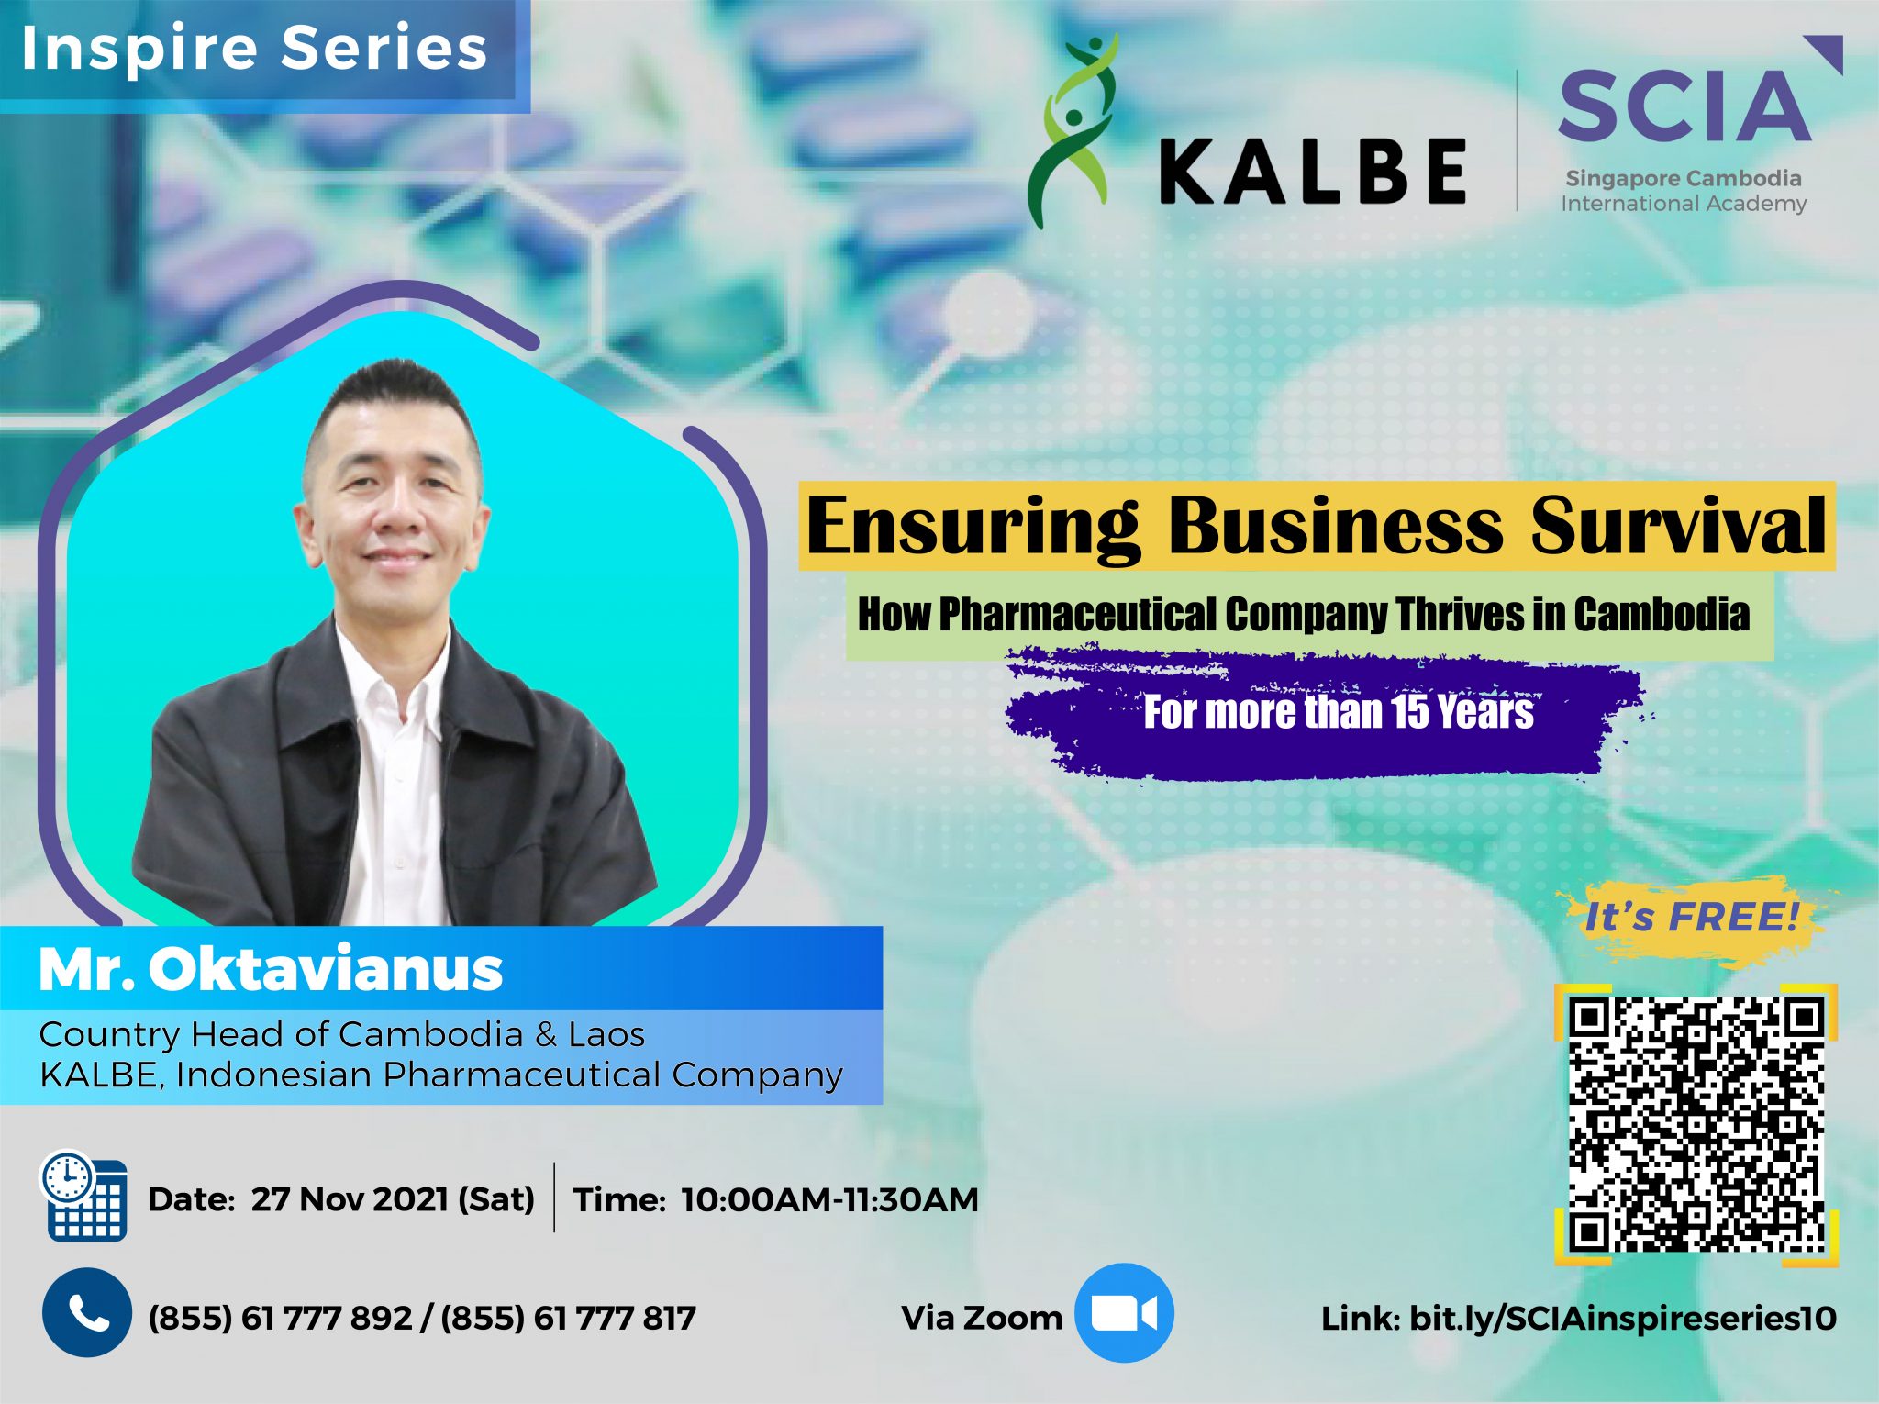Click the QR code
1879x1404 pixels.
[1696, 1124]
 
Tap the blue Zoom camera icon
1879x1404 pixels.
[1124, 1313]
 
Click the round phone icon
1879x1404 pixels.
[86, 1313]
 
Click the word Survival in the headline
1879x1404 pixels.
[1677, 526]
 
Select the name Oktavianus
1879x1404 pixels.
[326, 969]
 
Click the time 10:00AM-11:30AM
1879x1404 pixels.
[829, 1199]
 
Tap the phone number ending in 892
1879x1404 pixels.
[280, 1319]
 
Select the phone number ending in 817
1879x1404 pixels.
[569, 1319]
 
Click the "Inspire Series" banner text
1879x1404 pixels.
[254, 48]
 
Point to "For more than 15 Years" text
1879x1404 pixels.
[1338, 712]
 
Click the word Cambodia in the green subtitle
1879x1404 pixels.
[1662, 614]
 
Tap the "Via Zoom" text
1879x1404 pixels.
[982, 1318]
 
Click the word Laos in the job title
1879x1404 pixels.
[606, 1034]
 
